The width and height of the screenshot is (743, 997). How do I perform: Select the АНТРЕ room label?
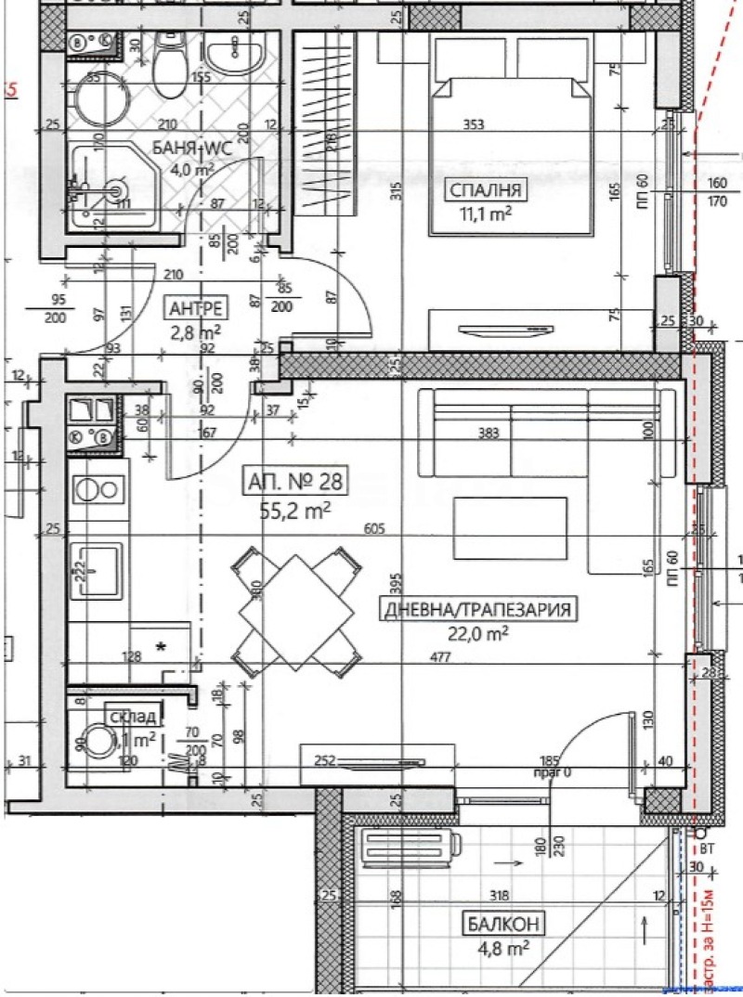192,308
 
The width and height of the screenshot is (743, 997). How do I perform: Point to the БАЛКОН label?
501,924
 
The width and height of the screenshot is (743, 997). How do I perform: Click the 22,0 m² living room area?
478,633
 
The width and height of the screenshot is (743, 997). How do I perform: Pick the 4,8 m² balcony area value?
501,948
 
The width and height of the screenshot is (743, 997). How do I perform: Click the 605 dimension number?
375,529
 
